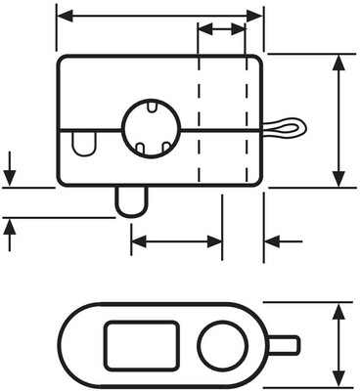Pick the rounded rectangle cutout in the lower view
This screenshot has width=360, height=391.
click(x=140, y=344)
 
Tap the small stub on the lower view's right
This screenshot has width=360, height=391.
click(x=284, y=344)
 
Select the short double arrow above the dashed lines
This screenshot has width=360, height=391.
click(x=221, y=30)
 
